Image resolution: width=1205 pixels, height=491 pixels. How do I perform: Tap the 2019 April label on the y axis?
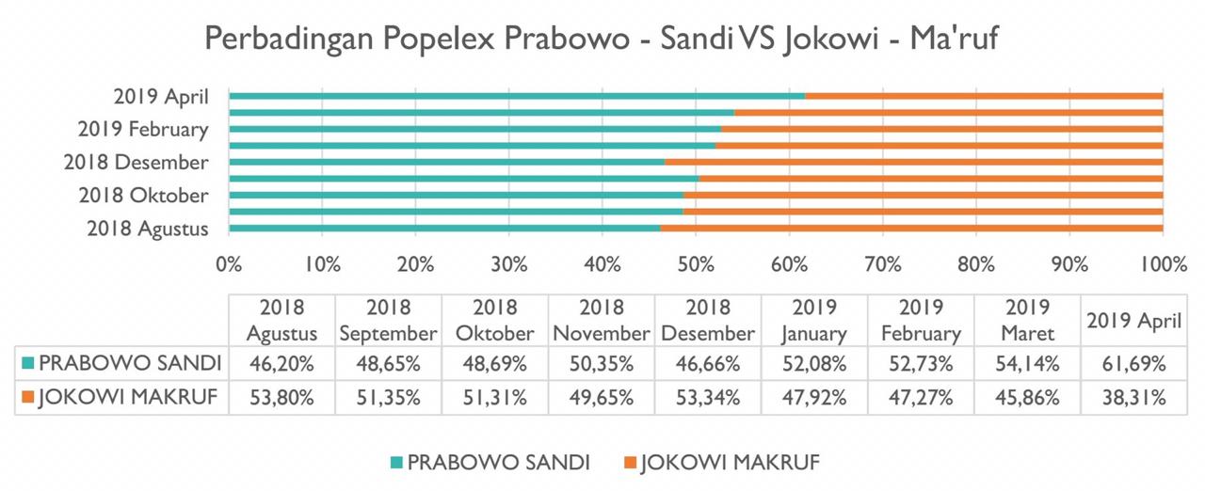[x=159, y=96]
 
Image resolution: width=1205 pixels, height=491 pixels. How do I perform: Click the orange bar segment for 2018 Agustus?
[x=910, y=229]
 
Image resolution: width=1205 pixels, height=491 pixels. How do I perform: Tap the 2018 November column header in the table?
[x=601, y=321]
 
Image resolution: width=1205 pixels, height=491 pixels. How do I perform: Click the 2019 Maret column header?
[x=1028, y=321]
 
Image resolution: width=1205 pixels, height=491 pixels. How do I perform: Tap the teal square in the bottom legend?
[x=396, y=462]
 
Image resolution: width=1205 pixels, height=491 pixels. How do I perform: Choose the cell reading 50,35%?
[x=601, y=362]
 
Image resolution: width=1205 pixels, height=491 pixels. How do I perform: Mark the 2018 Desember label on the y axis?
[x=137, y=163]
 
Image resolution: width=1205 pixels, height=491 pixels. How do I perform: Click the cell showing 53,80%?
[x=281, y=398]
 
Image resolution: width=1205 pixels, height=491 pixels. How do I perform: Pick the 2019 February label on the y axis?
[x=143, y=129]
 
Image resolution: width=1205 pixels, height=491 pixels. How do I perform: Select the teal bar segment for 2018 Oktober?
[x=456, y=196]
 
